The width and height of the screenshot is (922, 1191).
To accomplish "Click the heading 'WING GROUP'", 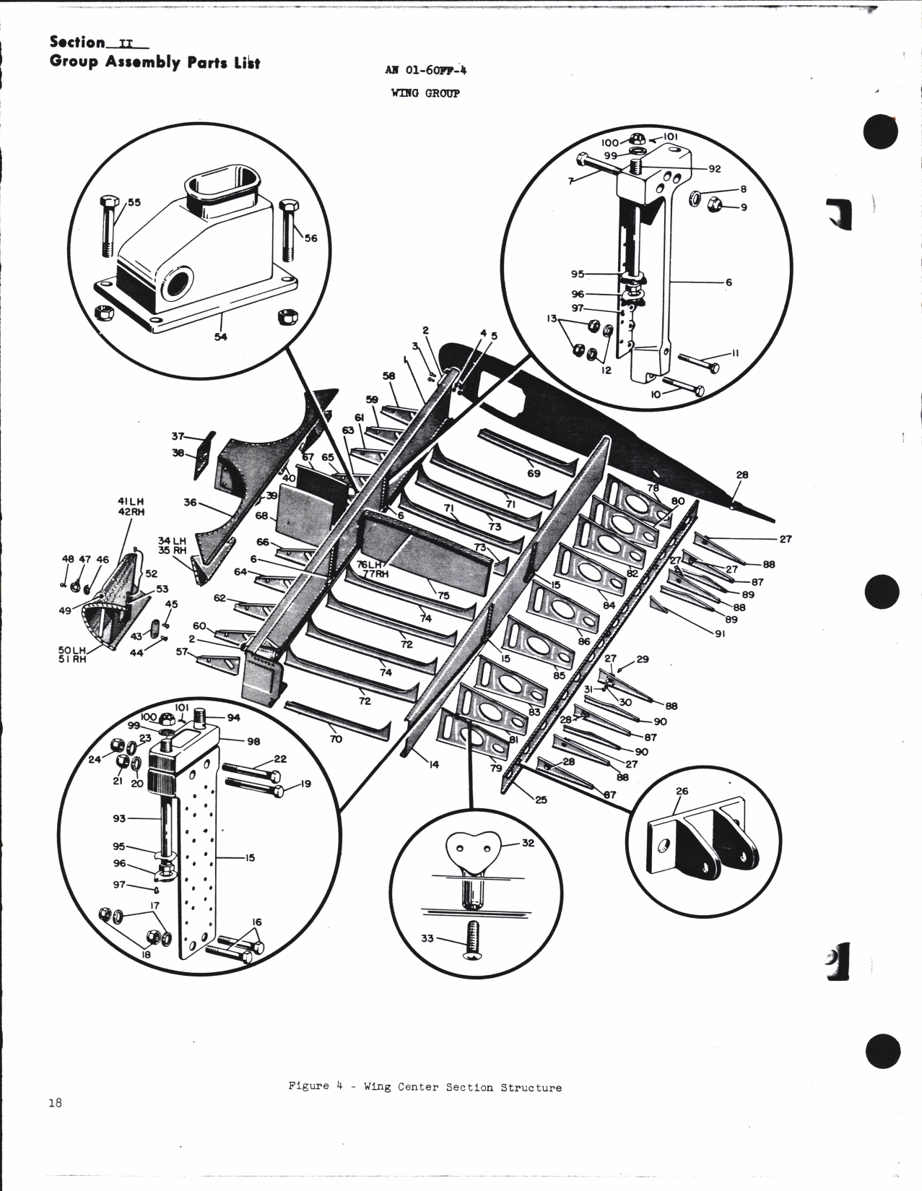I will click(x=425, y=93).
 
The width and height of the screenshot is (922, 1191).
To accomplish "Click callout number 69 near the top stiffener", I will click(x=534, y=473).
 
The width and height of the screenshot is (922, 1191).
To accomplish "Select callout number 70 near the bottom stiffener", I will click(x=336, y=739).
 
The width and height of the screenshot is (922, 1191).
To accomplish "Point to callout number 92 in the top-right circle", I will click(x=715, y=170).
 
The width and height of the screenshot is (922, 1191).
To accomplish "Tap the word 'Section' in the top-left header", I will click(x=77, y=43).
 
